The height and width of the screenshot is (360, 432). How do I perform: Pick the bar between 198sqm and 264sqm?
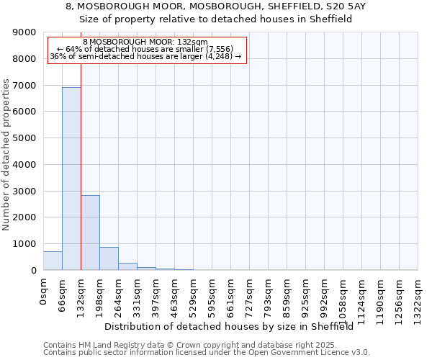[109, 258]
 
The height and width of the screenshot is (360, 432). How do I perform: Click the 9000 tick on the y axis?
[24, 32]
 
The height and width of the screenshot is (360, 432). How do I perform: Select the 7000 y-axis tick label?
[24, 86]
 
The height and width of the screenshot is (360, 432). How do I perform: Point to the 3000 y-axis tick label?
[24, 191]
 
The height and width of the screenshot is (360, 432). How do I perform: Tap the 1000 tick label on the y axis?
[24, 244]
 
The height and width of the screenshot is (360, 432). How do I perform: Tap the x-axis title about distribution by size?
[234, 326]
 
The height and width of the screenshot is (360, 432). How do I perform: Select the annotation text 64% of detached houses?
[147, 49]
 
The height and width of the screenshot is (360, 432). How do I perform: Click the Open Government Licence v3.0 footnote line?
[207, 353]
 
